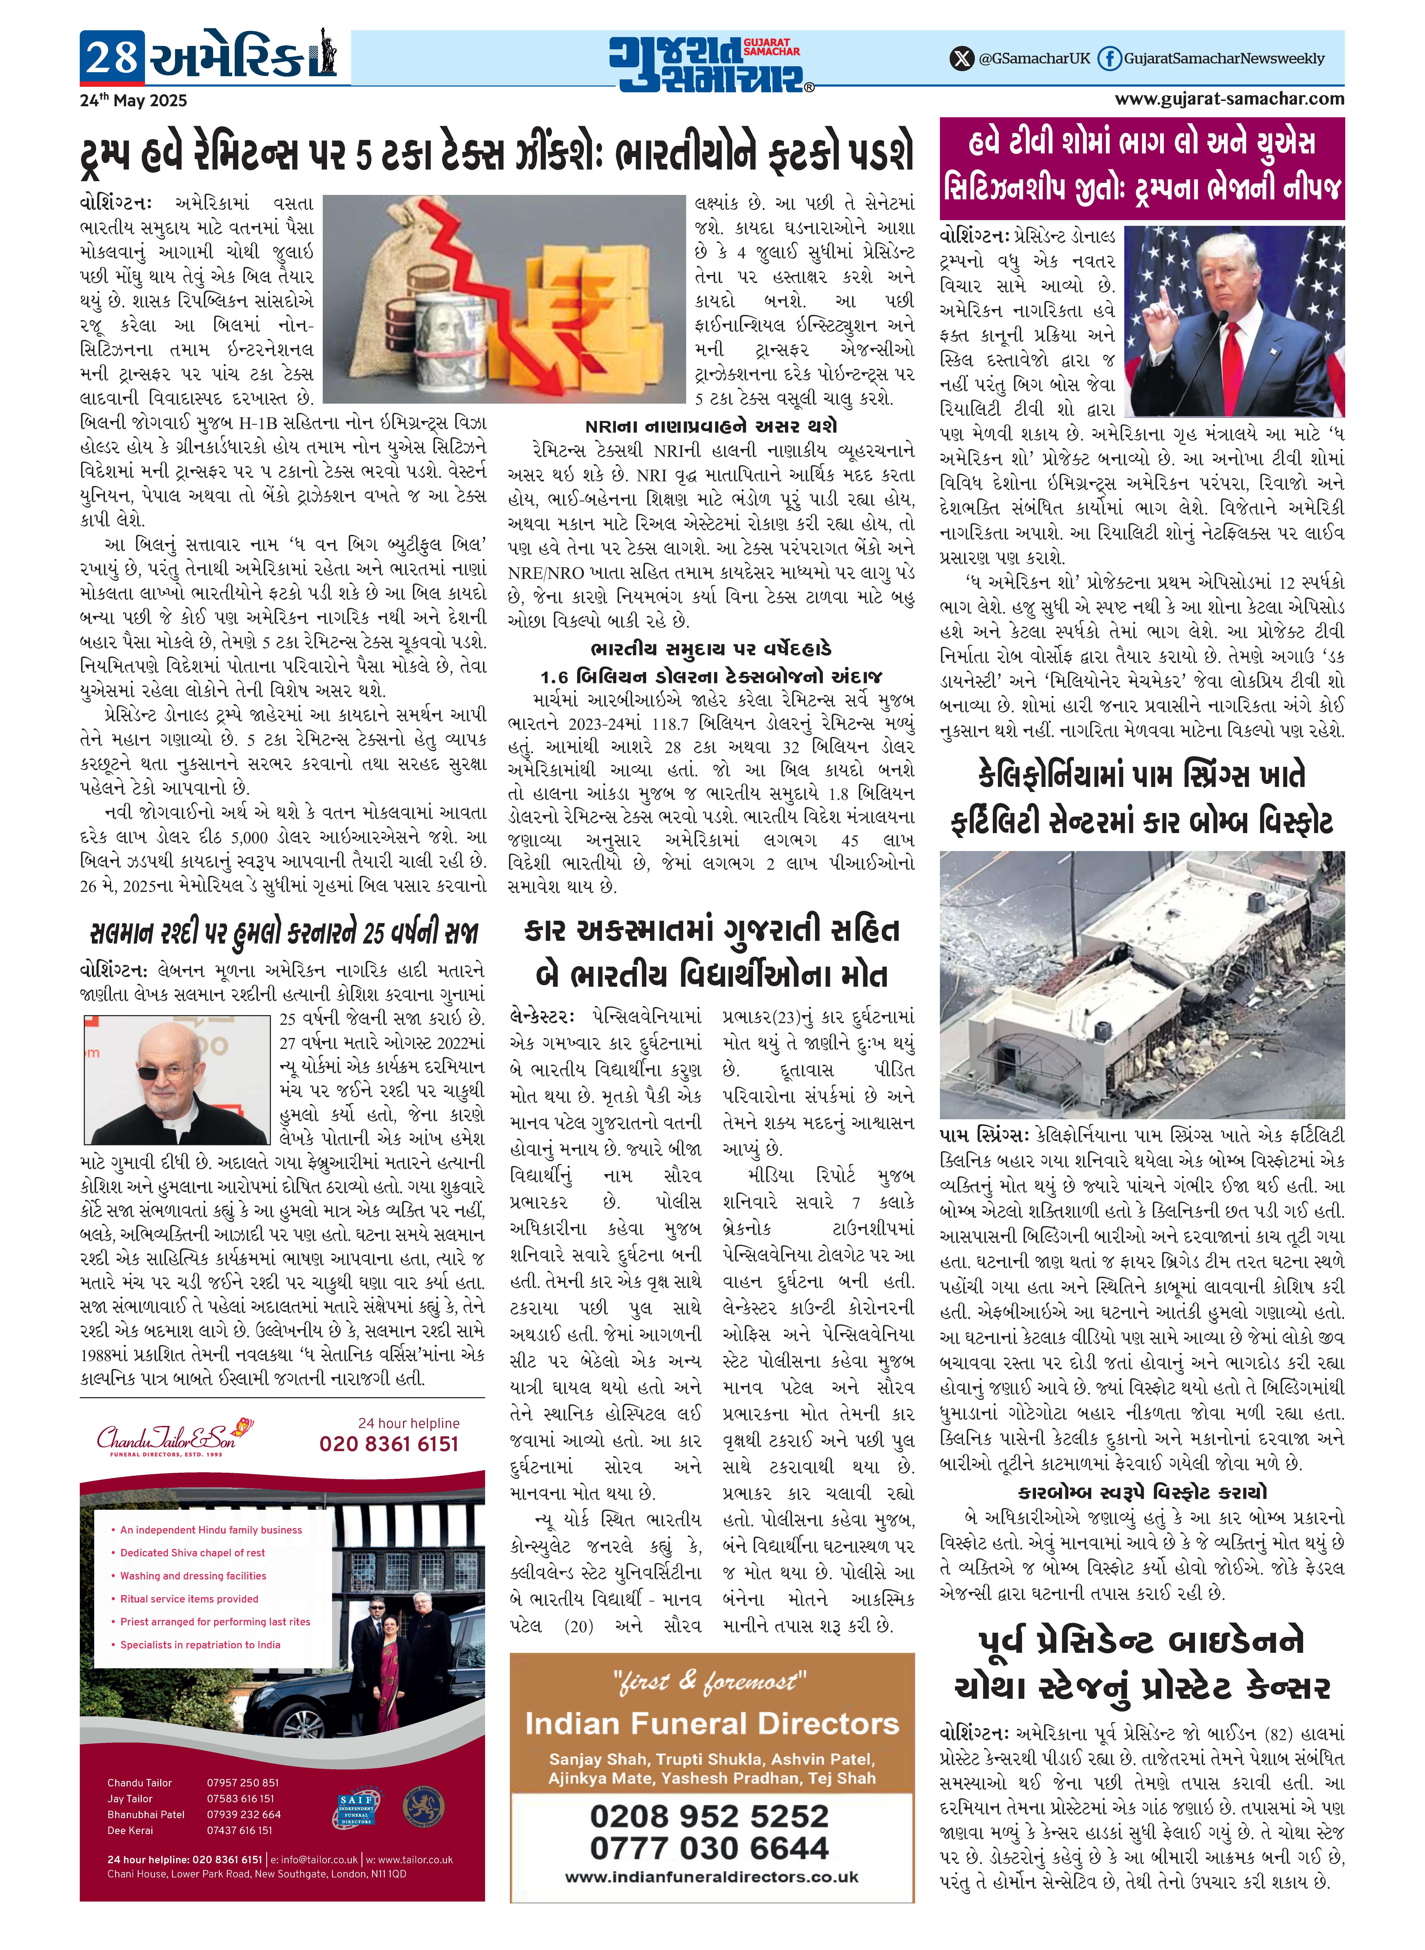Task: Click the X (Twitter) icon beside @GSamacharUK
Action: [961, 59]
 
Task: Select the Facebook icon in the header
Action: [1109, 59]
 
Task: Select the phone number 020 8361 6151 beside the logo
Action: [388, 1444]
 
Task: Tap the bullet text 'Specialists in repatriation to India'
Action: [200, 1645]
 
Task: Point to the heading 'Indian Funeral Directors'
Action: [712, 1725]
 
